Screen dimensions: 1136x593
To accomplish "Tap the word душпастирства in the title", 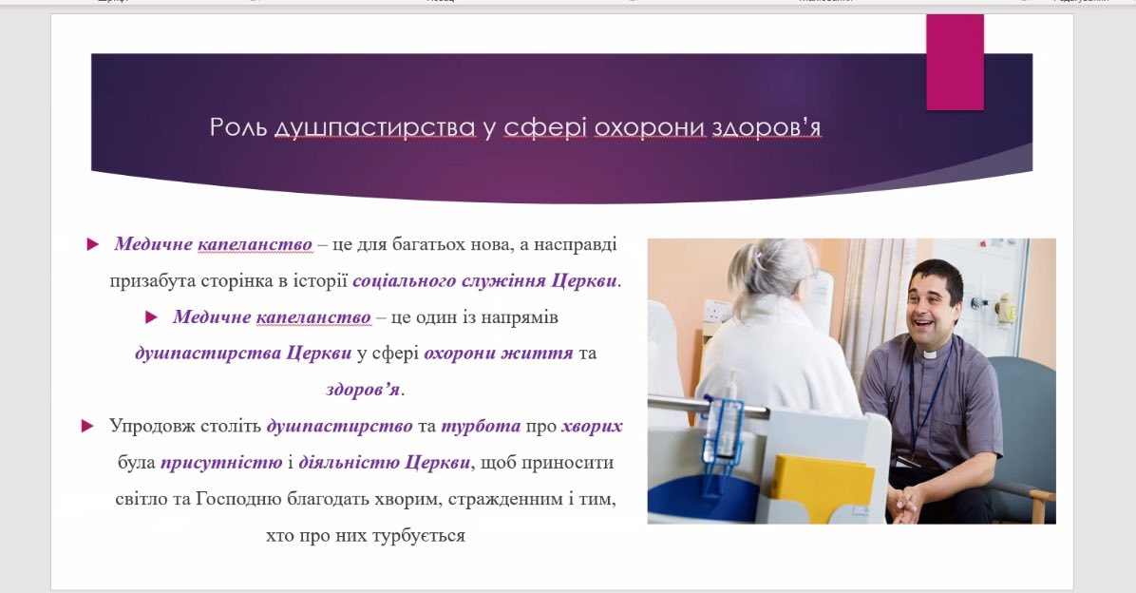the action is (x=374, y=128).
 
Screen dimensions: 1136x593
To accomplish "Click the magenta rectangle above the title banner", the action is (x=955, y=63).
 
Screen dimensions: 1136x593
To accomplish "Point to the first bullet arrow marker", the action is (x=93, y=244).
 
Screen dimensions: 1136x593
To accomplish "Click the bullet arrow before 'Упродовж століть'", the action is (x=87, y=427).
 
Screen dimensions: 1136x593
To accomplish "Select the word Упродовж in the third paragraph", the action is (x=149, y=427).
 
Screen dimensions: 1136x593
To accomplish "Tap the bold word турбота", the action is (x=481, y=427).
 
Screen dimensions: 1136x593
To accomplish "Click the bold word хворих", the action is (x=592, y=427).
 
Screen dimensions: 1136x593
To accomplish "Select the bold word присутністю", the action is (x=221, y=463).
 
